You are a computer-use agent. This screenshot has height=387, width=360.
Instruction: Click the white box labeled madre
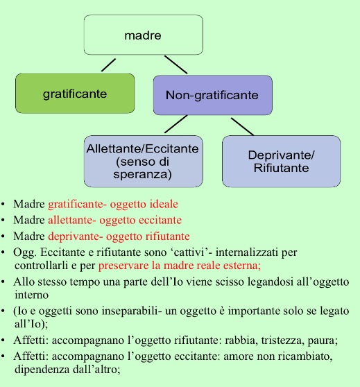point(143,35)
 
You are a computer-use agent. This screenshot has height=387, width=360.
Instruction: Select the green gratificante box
point(75,94)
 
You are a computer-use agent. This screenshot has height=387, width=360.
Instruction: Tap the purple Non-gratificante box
point(212,95)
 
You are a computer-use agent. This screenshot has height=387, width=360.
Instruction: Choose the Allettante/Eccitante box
point(143,161)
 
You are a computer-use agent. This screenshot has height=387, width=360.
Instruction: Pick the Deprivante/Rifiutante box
point(281,161)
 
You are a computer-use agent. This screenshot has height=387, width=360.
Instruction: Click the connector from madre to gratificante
point(108,65)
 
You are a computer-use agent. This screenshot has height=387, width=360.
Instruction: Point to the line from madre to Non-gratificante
point(175,64)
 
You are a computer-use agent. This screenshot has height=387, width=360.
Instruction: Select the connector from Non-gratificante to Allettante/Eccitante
point(175,124)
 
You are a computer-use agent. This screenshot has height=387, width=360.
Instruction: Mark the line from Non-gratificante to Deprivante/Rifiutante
point(243,127)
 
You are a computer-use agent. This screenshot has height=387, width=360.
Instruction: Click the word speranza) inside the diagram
point(142,174)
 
